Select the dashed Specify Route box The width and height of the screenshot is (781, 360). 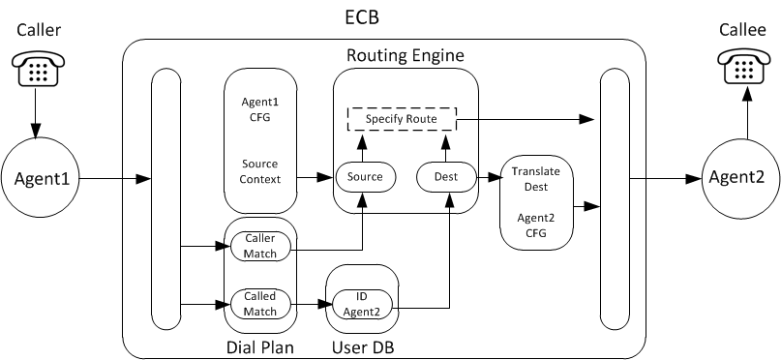pyautogui.click(x=402, y=119)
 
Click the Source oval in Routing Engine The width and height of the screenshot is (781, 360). pyautogui.click(x=360, y=176)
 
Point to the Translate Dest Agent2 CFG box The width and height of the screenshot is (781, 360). pyautogui.click(x=536, y=202)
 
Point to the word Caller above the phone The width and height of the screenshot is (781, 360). pyautogui.click(x=38, y=31)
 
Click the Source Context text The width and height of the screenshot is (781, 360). pyautogui.click(x=259, y=171)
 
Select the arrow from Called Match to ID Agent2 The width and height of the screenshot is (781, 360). pyautogui.click(x=309, y=304)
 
